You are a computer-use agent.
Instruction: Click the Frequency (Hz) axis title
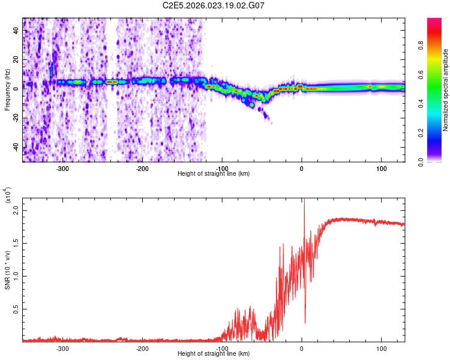click(x=7, y=90)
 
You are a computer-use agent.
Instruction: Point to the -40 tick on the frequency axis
click(x=16, y=147)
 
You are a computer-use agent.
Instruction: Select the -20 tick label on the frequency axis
click(x=16, y=118)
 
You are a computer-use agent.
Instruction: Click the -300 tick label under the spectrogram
click(x=63, y=169)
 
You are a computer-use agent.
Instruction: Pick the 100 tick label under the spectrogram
click(x=381, y=169)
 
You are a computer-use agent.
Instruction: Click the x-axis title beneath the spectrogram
click(x=214, y=174)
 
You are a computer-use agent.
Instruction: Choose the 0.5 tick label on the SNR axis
click(x=15, y=309)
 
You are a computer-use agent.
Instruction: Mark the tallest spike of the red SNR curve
click(x=304, y=200)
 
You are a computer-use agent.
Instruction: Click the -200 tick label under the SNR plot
click(x=142, y=348)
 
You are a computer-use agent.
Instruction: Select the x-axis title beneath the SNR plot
click(x=214, y=354)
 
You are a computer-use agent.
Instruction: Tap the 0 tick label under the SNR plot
click(x=302, y=348)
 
